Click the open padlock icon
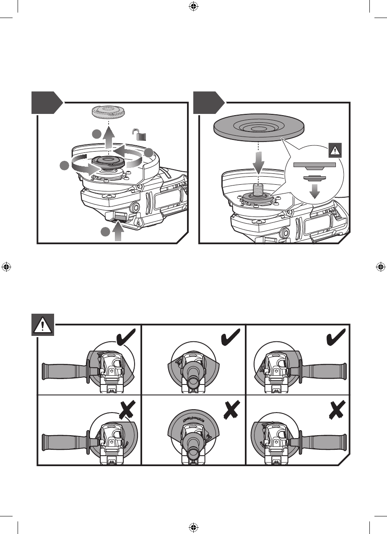[x=140, y=135]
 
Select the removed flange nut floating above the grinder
[x=109, y=112]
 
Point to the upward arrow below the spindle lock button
[x=119, y=232]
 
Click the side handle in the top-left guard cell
[x=63, y=370]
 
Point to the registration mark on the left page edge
[x=6, y=266]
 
